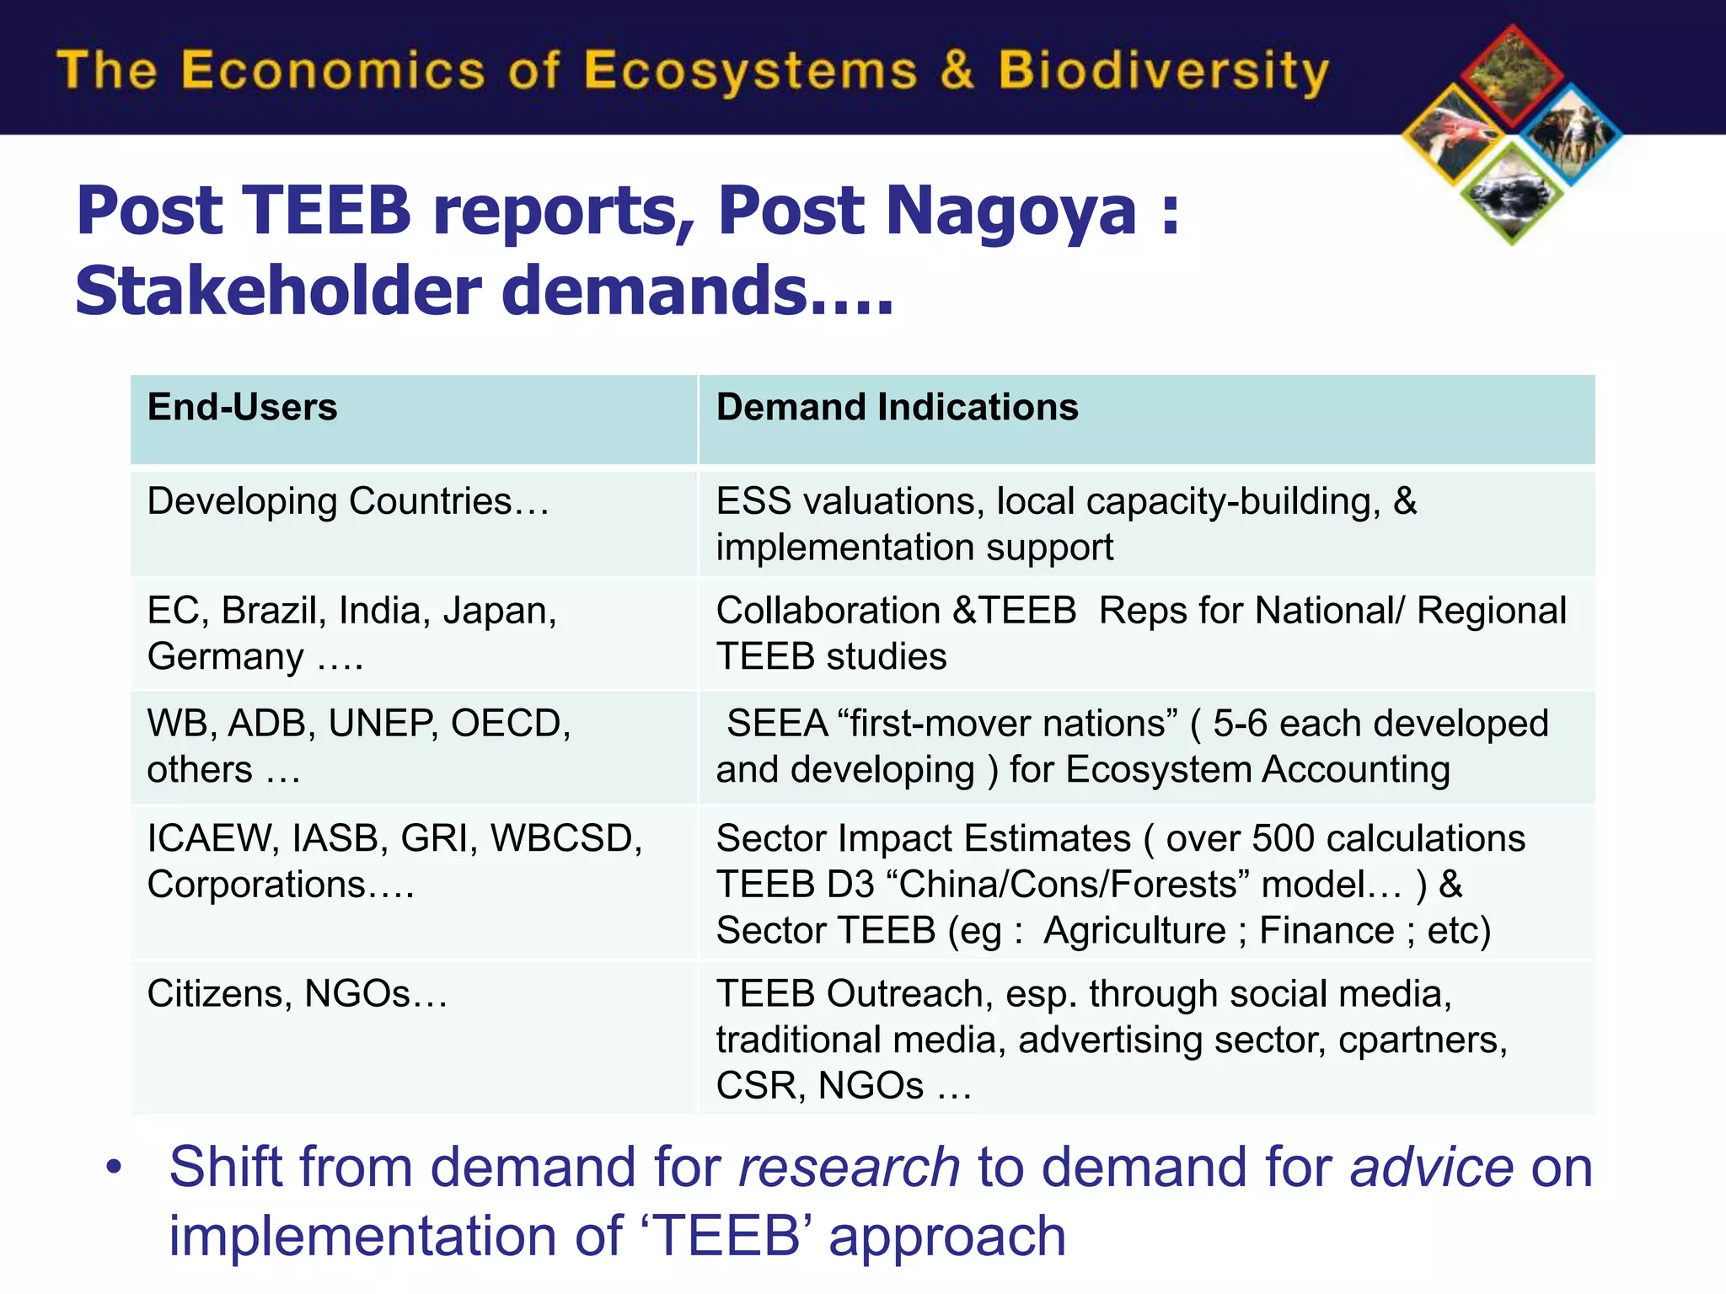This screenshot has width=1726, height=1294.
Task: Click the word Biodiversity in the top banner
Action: coord(1163,71)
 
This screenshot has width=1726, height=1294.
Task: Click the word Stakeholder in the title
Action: coord(278,291)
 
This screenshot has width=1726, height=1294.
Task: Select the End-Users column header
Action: coord(243,408)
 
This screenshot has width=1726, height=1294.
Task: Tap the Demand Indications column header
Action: coord(897,408)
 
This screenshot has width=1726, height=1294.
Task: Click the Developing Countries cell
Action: coord(347,502)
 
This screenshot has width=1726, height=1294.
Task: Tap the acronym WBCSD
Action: coord(566,839)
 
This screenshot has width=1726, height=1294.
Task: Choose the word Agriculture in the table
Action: coord(1134,931)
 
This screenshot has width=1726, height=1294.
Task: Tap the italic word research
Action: coord(849,1168)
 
